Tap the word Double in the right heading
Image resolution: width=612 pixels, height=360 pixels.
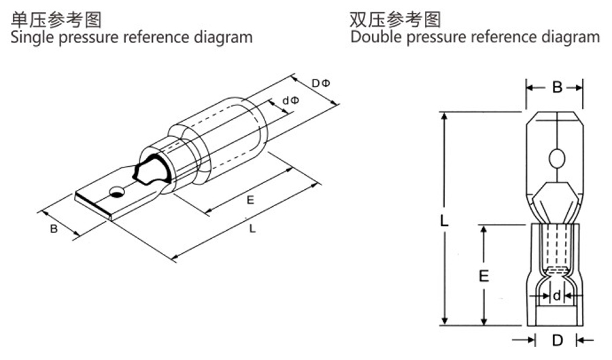click(x=376, y=37)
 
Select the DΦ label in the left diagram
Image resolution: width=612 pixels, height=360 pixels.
click(x=320, y=83)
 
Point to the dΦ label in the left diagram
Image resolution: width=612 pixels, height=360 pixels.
click(x=290, y=101)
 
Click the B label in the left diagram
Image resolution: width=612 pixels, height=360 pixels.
click(x=54, y=229)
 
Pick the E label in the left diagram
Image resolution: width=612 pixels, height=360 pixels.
click(x=250, y=200)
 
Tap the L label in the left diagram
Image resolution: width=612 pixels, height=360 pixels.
click(x=252, y=229)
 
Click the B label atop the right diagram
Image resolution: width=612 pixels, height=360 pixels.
click(x=556, y=88)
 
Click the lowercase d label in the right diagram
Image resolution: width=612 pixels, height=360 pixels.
click(x=556, y=295)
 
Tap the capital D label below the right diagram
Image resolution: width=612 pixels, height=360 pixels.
click(x=556, y=340)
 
